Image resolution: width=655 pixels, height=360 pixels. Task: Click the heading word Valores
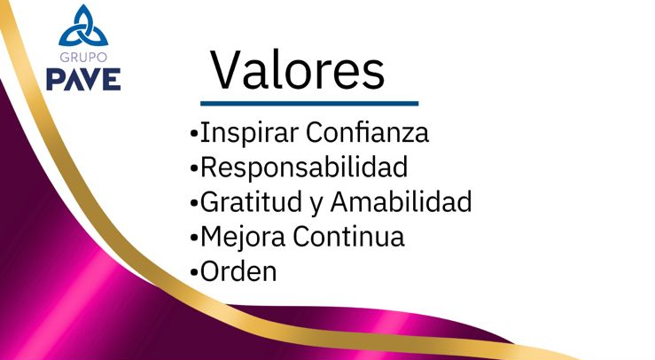298,70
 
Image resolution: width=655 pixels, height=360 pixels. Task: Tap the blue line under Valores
308,104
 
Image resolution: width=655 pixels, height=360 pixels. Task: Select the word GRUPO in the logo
83,57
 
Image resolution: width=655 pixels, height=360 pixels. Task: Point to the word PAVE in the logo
83,78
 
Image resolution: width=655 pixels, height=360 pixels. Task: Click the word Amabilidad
401,202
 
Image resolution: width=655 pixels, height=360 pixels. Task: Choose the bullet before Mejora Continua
194,239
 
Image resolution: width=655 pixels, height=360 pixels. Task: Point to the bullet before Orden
194,272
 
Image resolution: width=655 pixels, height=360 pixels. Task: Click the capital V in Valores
227,70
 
